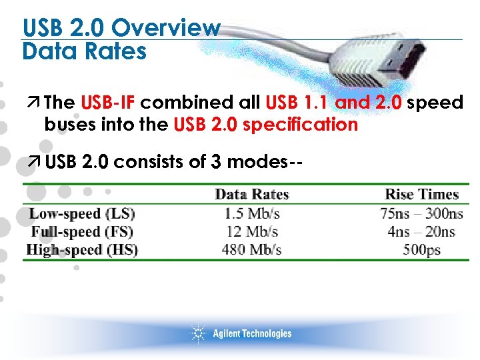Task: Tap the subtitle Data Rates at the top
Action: click(x=84, y=51)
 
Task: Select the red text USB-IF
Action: click(x=108, y=103)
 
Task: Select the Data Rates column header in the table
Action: click(x=251, y=195)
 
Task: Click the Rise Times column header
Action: click(x=421, y=195)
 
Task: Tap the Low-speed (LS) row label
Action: click(x=81, y=214)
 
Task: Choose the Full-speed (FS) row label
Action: click(x=82, y=232)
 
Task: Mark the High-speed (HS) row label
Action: click(x=81, y=250)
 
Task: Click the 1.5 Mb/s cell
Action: click(x=251, y=214)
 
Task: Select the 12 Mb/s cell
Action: click(x=251, y=232)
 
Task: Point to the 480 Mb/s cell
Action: click(x=251, y=250)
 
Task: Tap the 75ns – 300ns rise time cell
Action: click(x=421, y=214)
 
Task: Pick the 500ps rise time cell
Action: click(x=421, y=250)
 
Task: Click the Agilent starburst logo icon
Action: click(x=198, y=333)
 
